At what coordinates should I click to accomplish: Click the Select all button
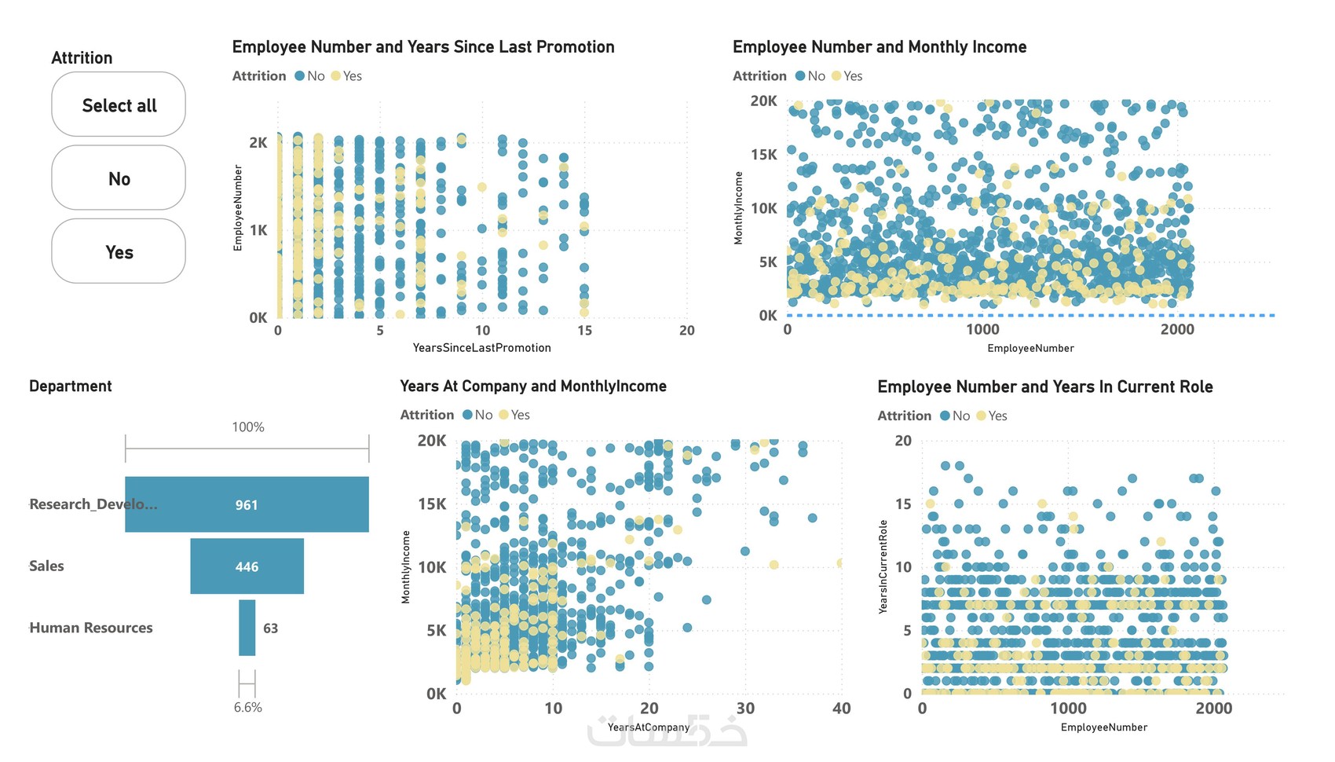click(119, 104)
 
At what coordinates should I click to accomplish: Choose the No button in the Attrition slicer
click(119, 178)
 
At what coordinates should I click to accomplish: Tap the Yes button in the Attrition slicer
click(119, 251)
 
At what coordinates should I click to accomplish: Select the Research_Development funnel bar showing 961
click(247, 504)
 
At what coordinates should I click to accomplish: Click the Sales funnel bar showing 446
click(247, 566)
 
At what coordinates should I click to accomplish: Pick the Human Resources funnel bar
click(247, 628)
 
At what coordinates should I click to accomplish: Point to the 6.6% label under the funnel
click(247, 707)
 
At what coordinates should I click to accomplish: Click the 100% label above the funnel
click(247, 427)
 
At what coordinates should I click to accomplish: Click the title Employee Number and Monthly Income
click(879, 47)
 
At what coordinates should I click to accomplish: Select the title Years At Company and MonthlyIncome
click(532, 386)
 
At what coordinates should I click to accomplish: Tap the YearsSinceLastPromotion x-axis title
click(481, 347)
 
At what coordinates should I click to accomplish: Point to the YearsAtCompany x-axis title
click(649, 727)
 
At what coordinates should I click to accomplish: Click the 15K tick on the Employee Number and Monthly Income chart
click(763, 154)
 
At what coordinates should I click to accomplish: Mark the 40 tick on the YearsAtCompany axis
click(841, 709)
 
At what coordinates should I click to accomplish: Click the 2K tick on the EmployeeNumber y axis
click(258, 142)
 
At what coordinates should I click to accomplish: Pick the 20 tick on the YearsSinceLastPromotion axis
click(686, 331)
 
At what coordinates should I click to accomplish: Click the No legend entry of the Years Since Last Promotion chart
click(310, 76)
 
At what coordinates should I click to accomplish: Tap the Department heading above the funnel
click(71, 386)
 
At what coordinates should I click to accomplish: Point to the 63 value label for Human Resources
click(270, 628)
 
